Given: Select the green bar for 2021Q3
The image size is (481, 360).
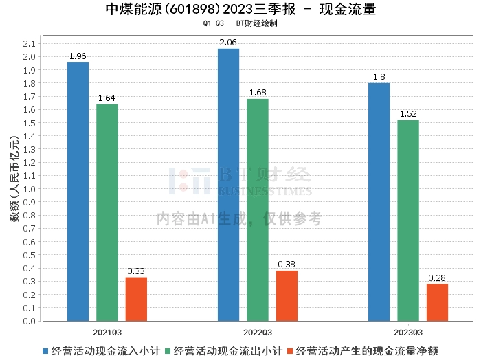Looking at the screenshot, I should click(x=107, y=212).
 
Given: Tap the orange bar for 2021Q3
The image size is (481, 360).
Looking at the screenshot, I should click(x=136, y=299).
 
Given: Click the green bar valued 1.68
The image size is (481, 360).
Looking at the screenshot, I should click(x=258, y=210).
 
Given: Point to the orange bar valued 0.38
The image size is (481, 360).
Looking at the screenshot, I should click(x=287, y=295).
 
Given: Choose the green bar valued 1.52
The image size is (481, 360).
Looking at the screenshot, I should click(x=408, y=221).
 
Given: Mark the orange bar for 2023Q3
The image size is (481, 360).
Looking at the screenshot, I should click(x=437, y=302).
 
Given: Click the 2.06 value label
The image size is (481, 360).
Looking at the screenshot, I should click(x=228, y=43).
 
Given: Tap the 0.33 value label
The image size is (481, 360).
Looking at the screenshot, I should click(x=136, y=271).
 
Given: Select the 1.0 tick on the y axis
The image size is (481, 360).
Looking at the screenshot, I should click(x=29, y=189).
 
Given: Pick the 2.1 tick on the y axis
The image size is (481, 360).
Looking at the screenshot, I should click(x=29, y=43).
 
